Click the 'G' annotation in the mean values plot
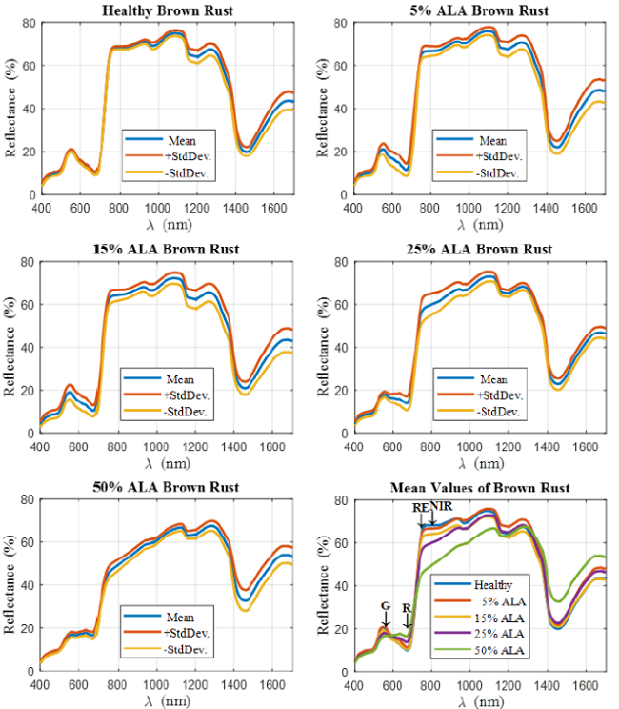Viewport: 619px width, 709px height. point(385,605)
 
